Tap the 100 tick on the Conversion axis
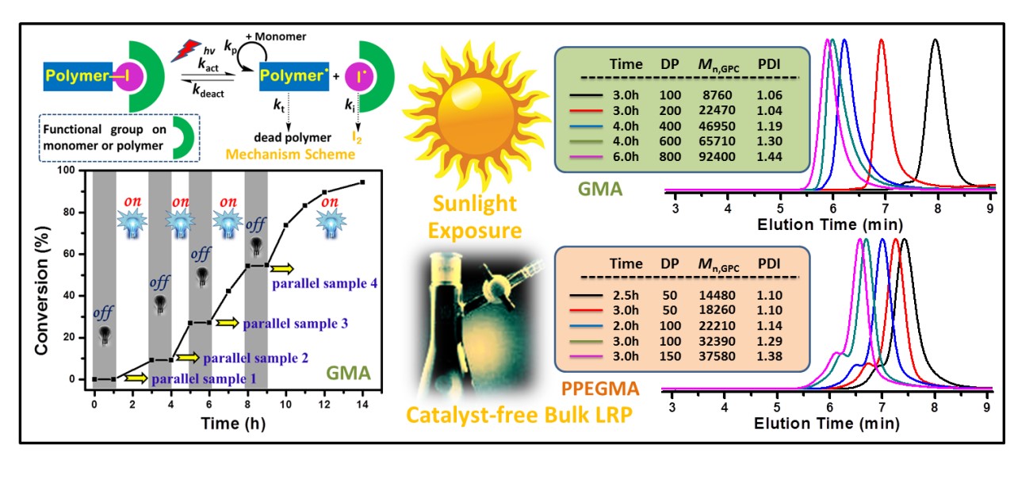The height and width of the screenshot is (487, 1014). (75, 171)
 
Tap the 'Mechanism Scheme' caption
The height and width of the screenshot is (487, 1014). (304, 154)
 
